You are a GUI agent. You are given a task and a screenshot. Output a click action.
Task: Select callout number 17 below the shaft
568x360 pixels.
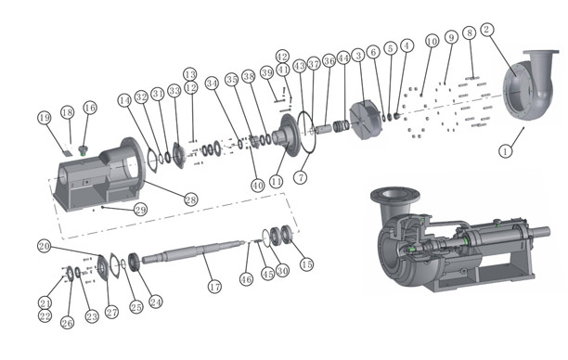point(214,288)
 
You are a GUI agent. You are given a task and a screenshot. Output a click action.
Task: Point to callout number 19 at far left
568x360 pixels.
point(43,118)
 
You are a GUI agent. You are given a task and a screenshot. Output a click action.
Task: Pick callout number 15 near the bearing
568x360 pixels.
point(306,264)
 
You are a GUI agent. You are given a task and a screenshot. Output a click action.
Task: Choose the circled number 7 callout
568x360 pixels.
point(300,176)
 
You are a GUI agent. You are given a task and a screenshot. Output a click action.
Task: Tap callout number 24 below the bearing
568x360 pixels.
point(156,302)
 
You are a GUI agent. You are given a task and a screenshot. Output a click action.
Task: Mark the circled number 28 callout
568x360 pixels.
point(190,199)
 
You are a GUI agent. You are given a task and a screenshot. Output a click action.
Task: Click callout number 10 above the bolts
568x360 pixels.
point(431,42)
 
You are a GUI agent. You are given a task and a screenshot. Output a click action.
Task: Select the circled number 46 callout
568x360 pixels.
point(246,279)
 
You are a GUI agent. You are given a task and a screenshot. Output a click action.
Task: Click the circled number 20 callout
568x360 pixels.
point(43,246)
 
